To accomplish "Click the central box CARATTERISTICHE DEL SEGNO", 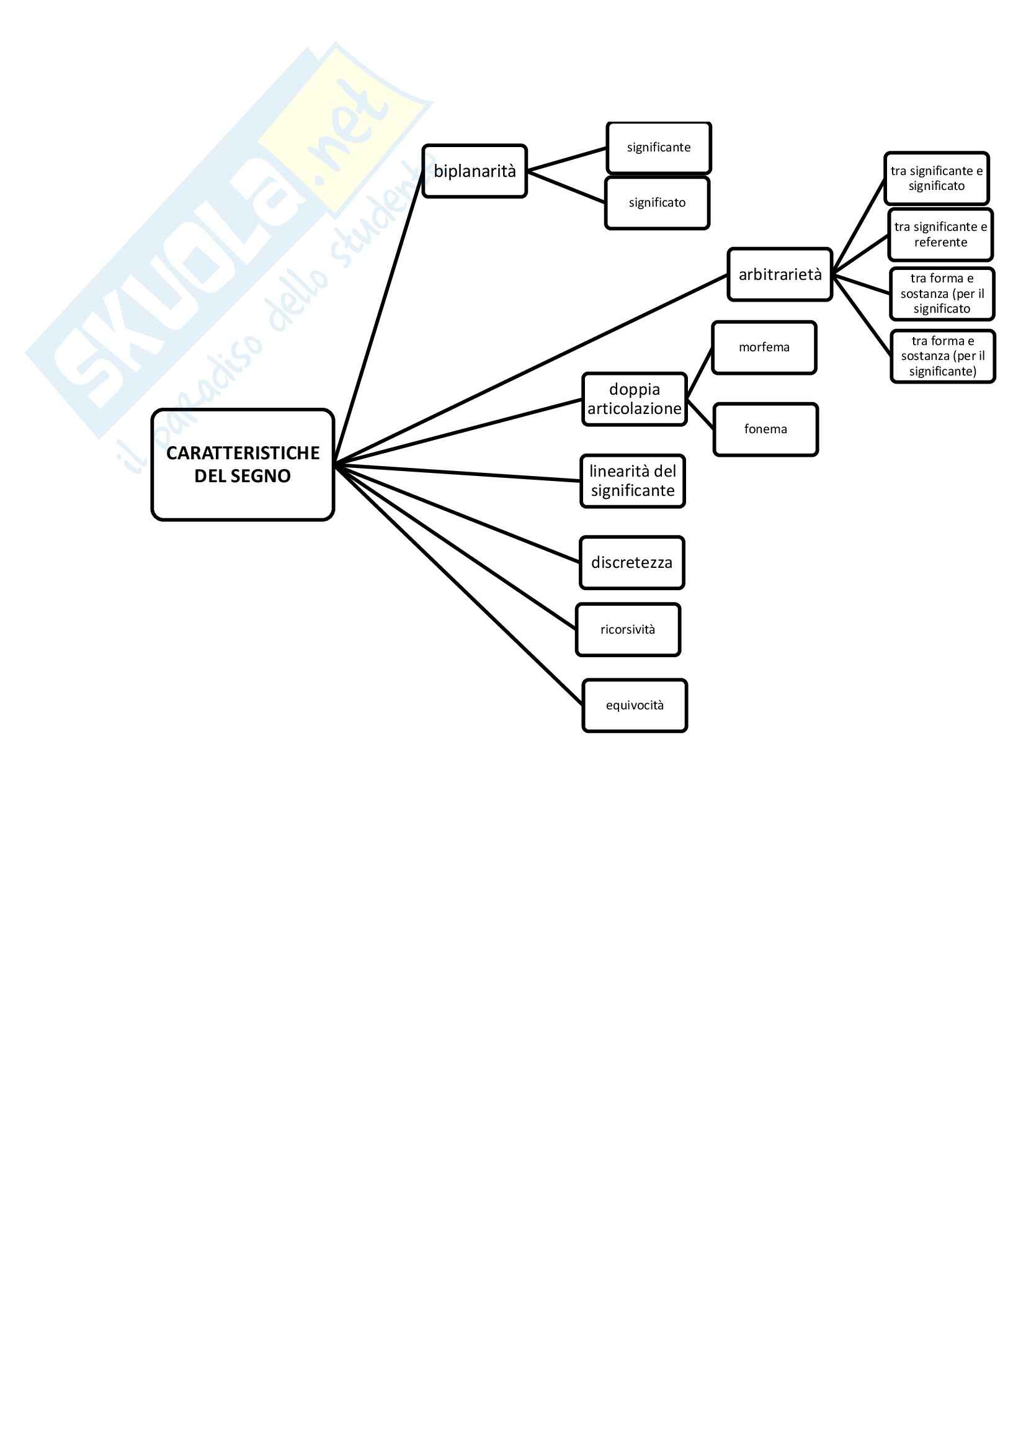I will click(x=243, y=464).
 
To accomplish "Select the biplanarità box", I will click(x=475, y=171).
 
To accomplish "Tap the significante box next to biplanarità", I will click(x=658, y=148).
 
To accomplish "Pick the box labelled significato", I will click(x=657, y=203).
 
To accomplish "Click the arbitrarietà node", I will click(x=780, y=274).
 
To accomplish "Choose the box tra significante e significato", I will click(x=936, y=178).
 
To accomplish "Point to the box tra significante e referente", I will click(x=940, y=235).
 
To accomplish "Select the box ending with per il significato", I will click(x=942, y=294).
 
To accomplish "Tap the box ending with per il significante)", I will click(x=943, y=356).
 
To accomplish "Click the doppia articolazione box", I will click(x=635, y=399).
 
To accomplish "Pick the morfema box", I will click(x=764, y=348).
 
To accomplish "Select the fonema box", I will click(x=765, y=429).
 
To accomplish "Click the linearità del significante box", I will click(x=632, y=481).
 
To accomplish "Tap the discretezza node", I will click(x=631, y=562).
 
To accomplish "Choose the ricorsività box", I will click(x=627, y=629).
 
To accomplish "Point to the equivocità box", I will click(x=635, y=705).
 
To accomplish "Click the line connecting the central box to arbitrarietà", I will click(x=531, y=369).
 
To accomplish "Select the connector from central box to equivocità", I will click(x=458, y=585).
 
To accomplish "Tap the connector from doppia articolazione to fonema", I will click(x=700, y=415).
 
